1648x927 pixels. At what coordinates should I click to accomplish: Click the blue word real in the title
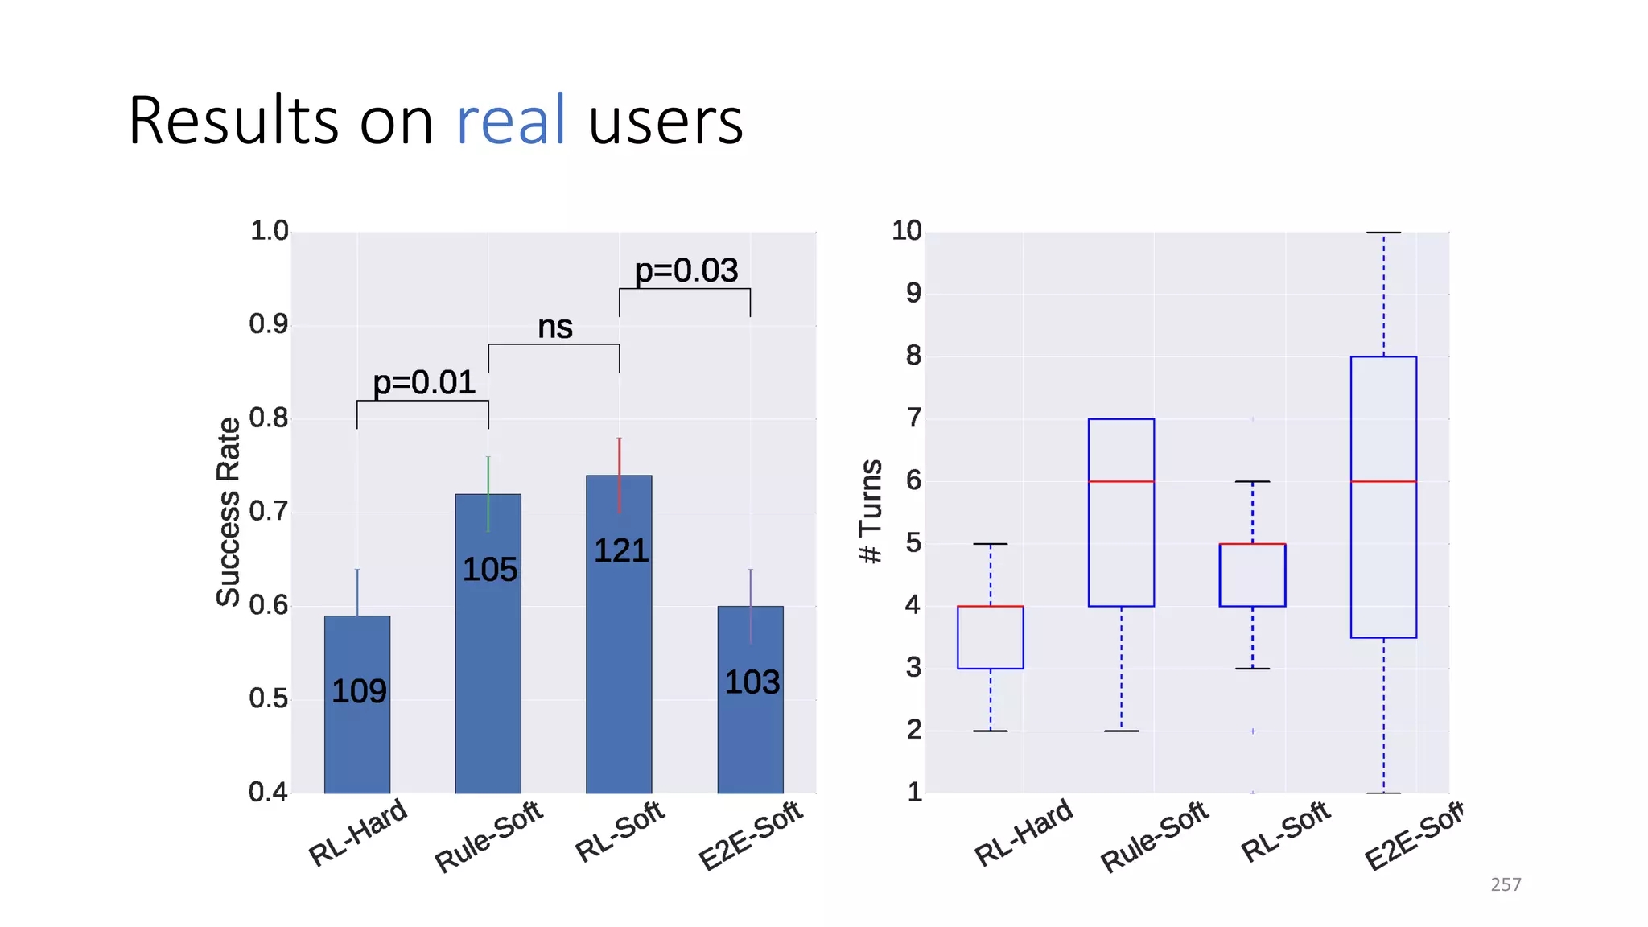510,121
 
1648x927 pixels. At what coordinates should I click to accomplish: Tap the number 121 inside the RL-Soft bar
621,551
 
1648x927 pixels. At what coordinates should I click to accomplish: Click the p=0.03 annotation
686,270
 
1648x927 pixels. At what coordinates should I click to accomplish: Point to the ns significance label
554,327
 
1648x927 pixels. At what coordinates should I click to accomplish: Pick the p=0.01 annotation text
424,382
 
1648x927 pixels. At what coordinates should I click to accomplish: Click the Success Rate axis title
229,512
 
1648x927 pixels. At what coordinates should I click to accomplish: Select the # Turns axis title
871,512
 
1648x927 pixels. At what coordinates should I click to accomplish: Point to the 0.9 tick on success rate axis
268,324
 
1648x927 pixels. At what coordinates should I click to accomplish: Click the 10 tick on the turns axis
906,231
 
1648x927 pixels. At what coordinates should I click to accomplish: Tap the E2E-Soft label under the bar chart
750,834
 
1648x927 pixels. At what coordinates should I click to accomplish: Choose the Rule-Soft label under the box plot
1154,836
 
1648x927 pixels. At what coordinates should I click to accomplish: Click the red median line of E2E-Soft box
1383,481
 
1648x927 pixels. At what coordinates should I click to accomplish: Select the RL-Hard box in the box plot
990,637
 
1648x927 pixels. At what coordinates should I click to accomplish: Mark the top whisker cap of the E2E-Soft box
1383,233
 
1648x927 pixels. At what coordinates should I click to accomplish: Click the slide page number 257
1506,884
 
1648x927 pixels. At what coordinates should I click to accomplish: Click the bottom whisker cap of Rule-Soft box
1121,731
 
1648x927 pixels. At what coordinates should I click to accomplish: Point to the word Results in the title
233,121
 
